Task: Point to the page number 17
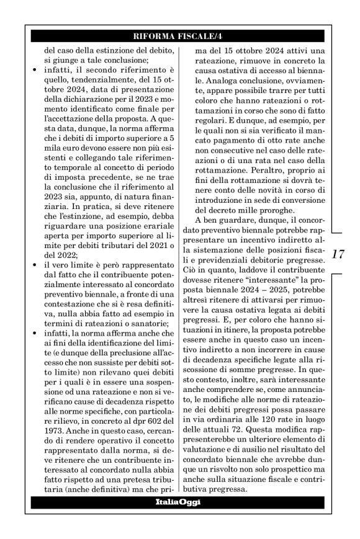(x=339, y=254)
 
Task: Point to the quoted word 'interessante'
(x=281, y=290)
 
